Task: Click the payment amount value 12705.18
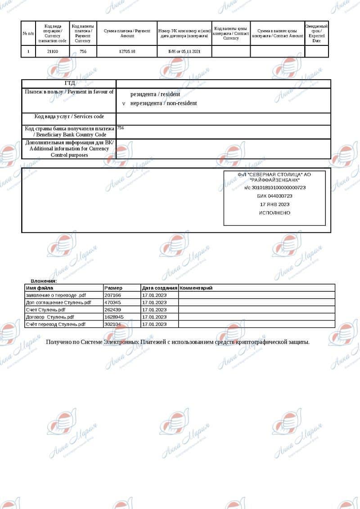pos(127,52)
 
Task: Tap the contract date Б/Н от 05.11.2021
pos(184,52)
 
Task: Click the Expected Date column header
pos(316,33)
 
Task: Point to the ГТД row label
pos(69,83)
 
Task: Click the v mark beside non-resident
pos(124,103)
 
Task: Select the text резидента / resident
pos(155,94)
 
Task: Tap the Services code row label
pos(69,116)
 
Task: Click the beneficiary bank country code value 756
pos(121,128)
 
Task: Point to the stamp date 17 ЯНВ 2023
pos(274,204)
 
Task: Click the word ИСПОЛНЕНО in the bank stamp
pos(274,213)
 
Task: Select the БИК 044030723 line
pos(274,196)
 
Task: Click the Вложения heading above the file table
pos(44,281)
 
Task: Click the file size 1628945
pos(113,317)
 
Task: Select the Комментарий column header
pos(196,288)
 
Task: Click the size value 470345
pos(112,303)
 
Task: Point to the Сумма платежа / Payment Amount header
pos(127,33)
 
